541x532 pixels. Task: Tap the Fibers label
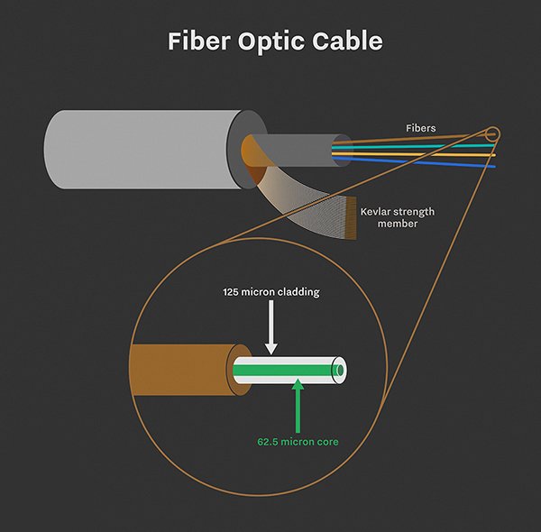coord(419,128)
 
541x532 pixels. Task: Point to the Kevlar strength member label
coord(397,217)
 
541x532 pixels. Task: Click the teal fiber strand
coord(424,146)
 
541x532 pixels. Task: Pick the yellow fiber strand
coord(424,154)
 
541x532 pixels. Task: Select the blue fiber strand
coord(424,161)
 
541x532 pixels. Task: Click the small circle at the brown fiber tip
coord(492,135)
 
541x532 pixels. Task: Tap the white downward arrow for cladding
coord(271,335)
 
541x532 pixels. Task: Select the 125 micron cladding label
coord(271,292)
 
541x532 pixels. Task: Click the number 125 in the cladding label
coord(234,292)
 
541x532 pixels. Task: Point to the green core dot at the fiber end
coord(339,370)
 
